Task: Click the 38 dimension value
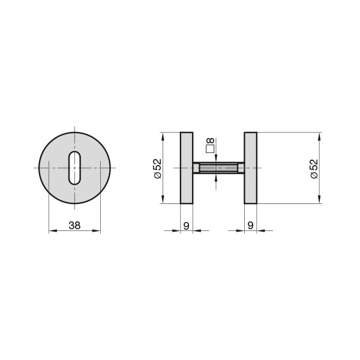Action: [74, 226]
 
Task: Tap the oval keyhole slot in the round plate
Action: [74, 168]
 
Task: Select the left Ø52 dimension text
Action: [158, 169]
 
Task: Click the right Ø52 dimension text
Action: [314, 169]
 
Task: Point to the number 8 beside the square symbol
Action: [211, 140]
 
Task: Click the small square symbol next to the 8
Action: [210, 149]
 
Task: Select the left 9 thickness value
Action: [187, 226]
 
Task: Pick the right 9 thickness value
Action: [250, 226]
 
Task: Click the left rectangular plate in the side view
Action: [187, 168]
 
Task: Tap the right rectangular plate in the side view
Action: [250, 168]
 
